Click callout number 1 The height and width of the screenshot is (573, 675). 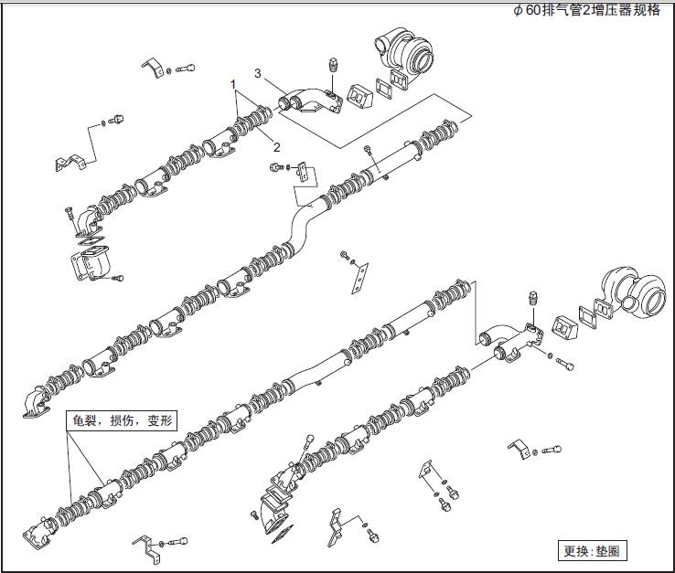[235, 83]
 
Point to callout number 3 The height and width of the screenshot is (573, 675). [258, 72]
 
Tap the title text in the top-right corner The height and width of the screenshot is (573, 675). [585, 10]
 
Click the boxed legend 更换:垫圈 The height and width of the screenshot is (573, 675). [594, 551]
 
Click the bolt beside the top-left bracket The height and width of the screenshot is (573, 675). [186, 68]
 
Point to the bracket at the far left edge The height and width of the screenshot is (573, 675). [71, 162]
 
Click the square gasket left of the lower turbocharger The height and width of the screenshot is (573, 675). [562, 328]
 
